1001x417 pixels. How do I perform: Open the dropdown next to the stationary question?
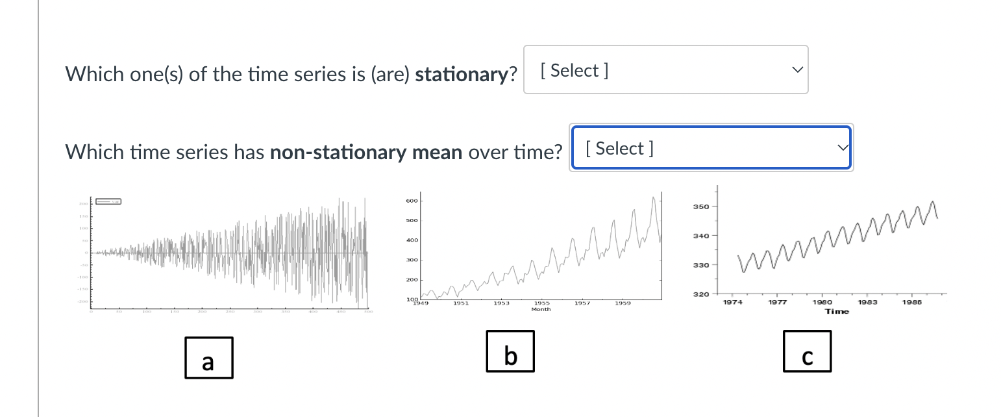coord(665,70)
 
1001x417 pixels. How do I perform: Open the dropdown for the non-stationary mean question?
coord(711,148)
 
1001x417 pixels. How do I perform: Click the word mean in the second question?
coord(436,153)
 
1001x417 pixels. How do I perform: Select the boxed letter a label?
coord(208,358)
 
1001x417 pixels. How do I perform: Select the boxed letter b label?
coord(510,351)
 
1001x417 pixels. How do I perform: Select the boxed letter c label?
coord(807,351)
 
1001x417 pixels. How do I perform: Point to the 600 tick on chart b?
coord(412,201)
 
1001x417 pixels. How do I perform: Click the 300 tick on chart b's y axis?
coord(412,260)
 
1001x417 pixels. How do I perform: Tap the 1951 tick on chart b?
coord(461,303)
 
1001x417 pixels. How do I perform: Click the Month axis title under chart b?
coord(541,310)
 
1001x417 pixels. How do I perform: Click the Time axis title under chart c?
coord(837,312)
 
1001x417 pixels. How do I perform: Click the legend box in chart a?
coord(108,202)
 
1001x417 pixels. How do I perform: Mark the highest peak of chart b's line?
coord(654,197)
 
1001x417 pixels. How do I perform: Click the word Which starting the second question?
coord(94,153)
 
